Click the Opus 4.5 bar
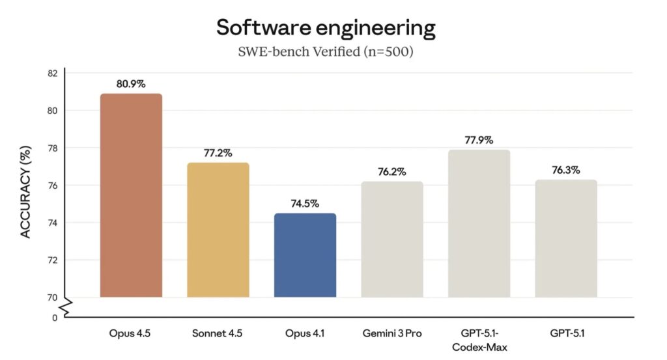131,195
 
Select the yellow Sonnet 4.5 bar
218,230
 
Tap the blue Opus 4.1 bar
305,255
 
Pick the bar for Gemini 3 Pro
392,239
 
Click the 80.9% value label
131,84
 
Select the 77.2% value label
218,153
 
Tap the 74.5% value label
305,204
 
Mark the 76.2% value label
392,172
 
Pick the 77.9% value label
479,140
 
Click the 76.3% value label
566,170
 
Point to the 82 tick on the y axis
52,73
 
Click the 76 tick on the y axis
52,186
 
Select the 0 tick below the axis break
55,318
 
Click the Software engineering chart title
325,28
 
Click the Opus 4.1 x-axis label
305,334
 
